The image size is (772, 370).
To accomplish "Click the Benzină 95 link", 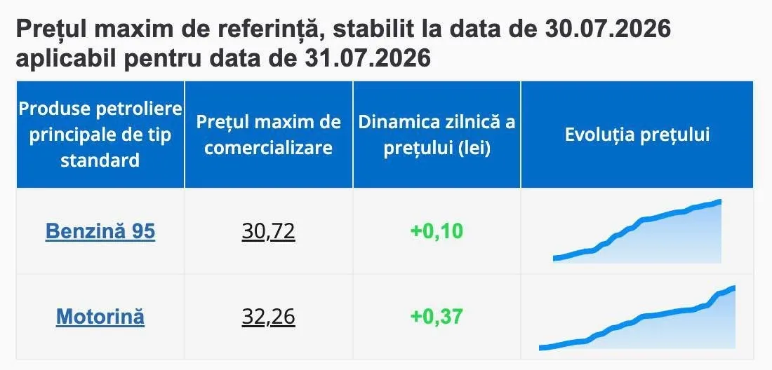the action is [x=100, y=231].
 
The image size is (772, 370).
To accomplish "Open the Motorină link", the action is [x=100, y=316].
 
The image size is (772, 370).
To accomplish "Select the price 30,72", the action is [x=268, y=231].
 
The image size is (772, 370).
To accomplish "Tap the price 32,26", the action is [x=268, y=317].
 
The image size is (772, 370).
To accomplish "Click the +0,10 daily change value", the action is [x=437, y=231].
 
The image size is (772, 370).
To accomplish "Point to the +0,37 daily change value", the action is [x=437, y=317].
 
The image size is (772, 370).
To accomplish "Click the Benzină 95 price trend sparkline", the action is [x=637, y=231].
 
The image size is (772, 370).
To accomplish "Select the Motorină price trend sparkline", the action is [x=637, y=318].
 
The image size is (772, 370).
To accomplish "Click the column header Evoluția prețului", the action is [x=637, y=135].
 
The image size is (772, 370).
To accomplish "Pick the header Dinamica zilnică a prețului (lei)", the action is [x=437, y=135].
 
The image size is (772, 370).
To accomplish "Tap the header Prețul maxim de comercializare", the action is [x=268, y=135].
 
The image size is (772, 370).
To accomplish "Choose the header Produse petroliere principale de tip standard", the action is [x=100, y=135].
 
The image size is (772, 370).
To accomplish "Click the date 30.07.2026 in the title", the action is [x=608, y=29].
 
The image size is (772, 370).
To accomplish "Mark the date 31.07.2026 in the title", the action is [x=368, y=58].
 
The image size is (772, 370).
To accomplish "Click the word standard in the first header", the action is [x=100, y=160].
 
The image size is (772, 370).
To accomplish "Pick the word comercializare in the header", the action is [x=268, y=148].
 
